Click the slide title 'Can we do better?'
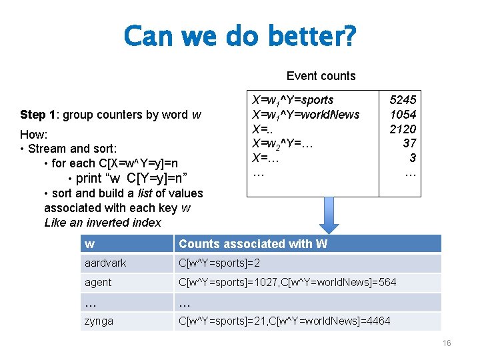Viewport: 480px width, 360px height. [240, 36]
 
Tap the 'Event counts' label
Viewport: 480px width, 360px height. [321, 76]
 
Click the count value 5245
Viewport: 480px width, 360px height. [403, 100]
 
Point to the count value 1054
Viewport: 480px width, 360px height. [403, 115]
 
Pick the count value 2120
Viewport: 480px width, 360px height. [403, 129]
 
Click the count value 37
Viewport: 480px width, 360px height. [409, 143]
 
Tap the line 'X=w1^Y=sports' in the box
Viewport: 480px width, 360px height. [292, 100]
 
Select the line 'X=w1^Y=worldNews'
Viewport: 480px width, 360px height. [305, 115]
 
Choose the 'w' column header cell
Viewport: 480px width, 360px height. [89, 244]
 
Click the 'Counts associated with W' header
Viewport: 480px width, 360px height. [253, 244]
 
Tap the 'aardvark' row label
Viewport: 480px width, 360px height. [105, 263]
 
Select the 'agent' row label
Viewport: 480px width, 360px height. [98, 283]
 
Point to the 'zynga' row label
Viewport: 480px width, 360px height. [99, 321]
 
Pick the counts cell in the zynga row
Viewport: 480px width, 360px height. [284, 321]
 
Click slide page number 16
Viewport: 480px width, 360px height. [446, 343]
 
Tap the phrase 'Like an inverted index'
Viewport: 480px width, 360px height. [103, 223]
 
